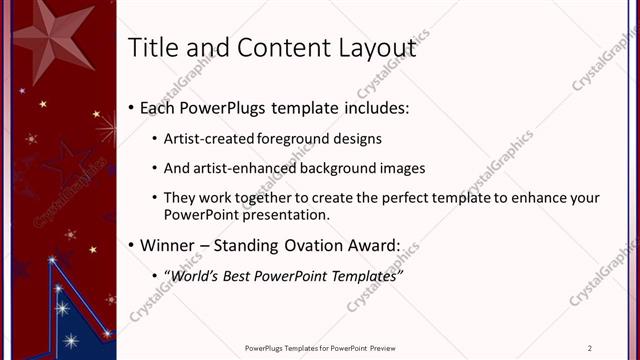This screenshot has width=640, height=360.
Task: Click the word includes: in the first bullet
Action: (x=370, y=108)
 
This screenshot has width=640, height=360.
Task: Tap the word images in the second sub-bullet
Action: (x=404, y=168)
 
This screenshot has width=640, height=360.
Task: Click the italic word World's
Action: (x=190, y=274)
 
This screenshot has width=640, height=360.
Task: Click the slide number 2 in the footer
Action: (x=590, y=348)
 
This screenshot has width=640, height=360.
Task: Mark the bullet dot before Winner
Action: (x=132, y=245)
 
